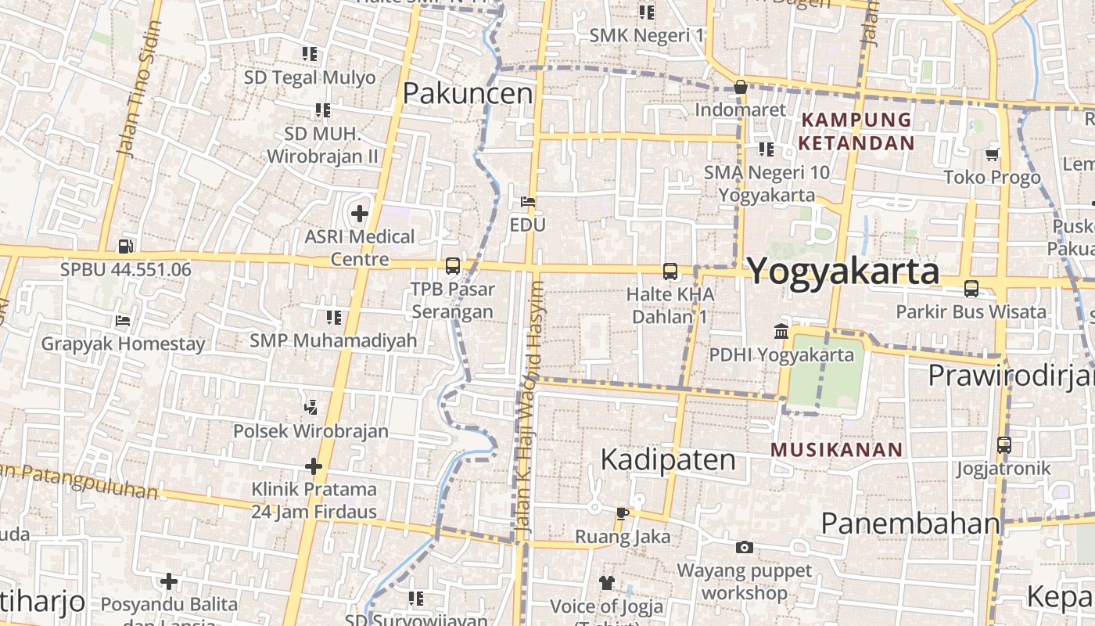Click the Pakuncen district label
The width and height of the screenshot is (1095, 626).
tap(467, 93)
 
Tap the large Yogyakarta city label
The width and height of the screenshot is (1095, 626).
tap(843, 272)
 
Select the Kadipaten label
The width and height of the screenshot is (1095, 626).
tap(667, 459)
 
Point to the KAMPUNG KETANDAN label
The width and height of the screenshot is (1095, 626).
tap(856, 131)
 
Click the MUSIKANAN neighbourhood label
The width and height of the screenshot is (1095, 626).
tap(836, 450)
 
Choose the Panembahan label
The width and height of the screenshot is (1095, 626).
tap(910, 523)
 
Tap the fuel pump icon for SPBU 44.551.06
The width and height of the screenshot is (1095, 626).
tap(125, 246)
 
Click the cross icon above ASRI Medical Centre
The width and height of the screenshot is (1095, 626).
tap(359, 213)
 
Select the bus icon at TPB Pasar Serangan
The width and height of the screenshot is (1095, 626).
tap(453, 266)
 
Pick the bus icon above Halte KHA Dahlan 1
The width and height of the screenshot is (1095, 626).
tap(670, 272)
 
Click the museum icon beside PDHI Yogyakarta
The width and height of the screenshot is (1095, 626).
tap(781, 332)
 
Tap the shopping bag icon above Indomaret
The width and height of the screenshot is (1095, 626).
tap(740, 87)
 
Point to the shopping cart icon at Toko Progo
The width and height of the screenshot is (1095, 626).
tap(993, 154)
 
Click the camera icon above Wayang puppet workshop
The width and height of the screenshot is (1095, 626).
tap(745, 547)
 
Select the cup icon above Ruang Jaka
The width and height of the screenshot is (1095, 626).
tap(622, 513)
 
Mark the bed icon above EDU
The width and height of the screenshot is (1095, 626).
tap(528, 202)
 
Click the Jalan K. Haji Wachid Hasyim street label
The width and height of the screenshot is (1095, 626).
tap(531, 407)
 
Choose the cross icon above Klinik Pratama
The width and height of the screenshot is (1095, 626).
tap(314, 466)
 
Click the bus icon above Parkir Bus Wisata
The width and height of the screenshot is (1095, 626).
tap(971, 288)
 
